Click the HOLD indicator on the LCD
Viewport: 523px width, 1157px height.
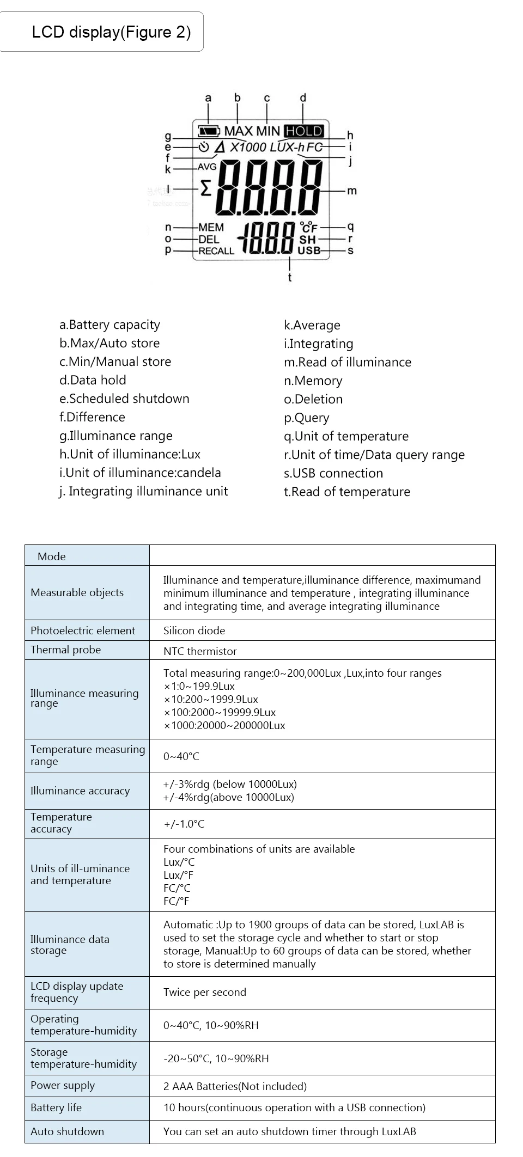[304, 131]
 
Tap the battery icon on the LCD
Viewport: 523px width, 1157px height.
[209, 131]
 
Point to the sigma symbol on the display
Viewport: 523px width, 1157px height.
[205, 189]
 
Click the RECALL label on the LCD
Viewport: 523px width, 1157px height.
[216, 251]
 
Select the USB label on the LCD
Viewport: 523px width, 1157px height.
[309, 250]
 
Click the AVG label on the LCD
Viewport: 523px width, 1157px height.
[207, 167]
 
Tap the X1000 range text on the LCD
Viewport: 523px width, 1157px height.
[248, 147]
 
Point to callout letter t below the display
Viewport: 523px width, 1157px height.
[290, 278]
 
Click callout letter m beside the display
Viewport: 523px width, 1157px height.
[352, 191]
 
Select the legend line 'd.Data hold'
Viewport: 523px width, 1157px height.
[93, 380]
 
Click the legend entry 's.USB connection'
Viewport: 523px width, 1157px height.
[333, 473]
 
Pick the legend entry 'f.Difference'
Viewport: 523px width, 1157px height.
[92, 417]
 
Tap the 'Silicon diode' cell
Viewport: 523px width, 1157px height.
[194, 630]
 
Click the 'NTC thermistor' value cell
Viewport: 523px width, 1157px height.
[200, 651]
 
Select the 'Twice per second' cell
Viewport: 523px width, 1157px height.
[205, 992]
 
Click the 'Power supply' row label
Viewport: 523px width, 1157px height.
[63, 1086]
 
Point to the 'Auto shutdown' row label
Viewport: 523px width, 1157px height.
[67, 1131]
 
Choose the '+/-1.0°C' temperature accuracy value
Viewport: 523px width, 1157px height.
[184, 824]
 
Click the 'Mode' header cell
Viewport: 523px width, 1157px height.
[52, 556]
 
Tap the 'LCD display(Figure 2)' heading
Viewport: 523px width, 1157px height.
[111, 32]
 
